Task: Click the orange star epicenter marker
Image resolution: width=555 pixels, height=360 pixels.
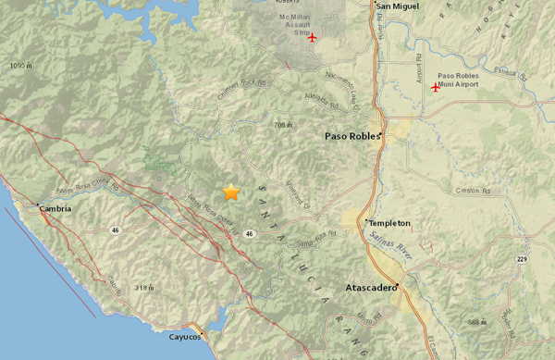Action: click(230, 192)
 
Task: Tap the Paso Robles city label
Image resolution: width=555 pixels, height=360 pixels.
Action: click(352, 136)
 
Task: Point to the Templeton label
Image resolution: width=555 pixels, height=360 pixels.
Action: click(388, 223)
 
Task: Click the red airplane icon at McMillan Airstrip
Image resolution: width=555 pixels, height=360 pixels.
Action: click(312, 38)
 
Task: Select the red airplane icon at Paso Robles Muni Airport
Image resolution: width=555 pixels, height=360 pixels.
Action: click(435, 87)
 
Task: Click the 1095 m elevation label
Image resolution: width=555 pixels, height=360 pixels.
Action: click(21, 67)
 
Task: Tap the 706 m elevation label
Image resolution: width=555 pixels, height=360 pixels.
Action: click(284, 125)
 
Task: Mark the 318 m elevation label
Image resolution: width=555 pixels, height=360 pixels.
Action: click(142, 288)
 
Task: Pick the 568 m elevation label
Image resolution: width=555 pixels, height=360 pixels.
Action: click(476, 321)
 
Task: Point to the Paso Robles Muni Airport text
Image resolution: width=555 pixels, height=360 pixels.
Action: click(462, 80)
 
